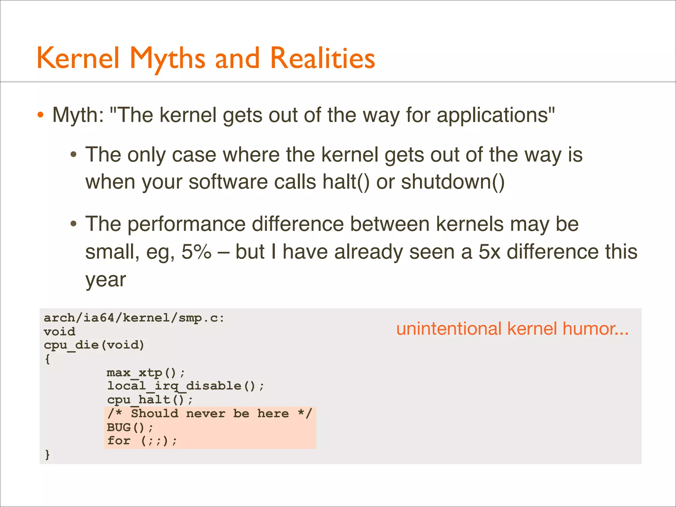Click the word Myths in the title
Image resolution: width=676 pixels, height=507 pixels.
[x=168, y=58]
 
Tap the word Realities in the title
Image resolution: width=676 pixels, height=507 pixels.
[x=322, y=58]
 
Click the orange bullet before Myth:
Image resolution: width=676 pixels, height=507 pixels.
[x=40, y=115]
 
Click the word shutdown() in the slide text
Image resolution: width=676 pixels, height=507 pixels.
[x=453, y=182]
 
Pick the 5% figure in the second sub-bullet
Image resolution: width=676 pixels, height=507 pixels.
[x=196, y=252]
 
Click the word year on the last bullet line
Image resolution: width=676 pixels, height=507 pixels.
[x=106, y=280]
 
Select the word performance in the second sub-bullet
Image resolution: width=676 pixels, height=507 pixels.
[x=186, y=224]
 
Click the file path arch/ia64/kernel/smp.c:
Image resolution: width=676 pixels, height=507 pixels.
[x=134, y=318]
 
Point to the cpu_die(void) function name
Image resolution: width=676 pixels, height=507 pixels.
[x=94, y=345]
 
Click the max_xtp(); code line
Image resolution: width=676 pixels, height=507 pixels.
[x=146, y=373]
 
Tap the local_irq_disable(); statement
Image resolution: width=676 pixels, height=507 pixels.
[x=185, y=386]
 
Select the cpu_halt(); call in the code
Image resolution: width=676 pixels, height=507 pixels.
[x=150, y=400]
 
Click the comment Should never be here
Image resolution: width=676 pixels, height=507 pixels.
[x=210, y=414]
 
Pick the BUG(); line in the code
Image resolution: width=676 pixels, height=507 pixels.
[x=130, y=427]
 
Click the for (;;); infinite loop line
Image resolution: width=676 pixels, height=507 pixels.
[x=142, y=441]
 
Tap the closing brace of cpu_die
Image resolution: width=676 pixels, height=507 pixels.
[x=48, y=455]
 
